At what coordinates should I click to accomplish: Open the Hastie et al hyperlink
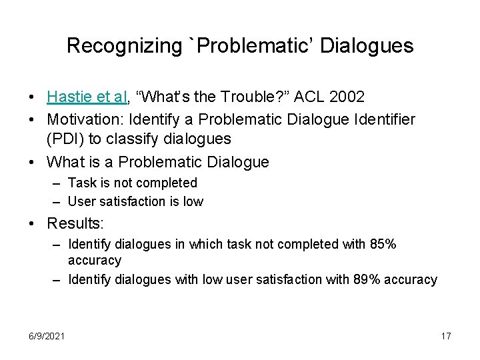[88, 97]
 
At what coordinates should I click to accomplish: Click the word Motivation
[79, 120]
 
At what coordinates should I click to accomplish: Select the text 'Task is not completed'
[133, 183]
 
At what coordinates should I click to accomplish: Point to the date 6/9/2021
[47, 336]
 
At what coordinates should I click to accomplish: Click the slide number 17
[446, 336]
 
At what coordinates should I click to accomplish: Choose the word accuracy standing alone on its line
[95, 261]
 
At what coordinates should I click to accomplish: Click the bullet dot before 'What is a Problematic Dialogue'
[33, 162]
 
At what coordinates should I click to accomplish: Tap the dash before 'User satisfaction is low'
[57, 201]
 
